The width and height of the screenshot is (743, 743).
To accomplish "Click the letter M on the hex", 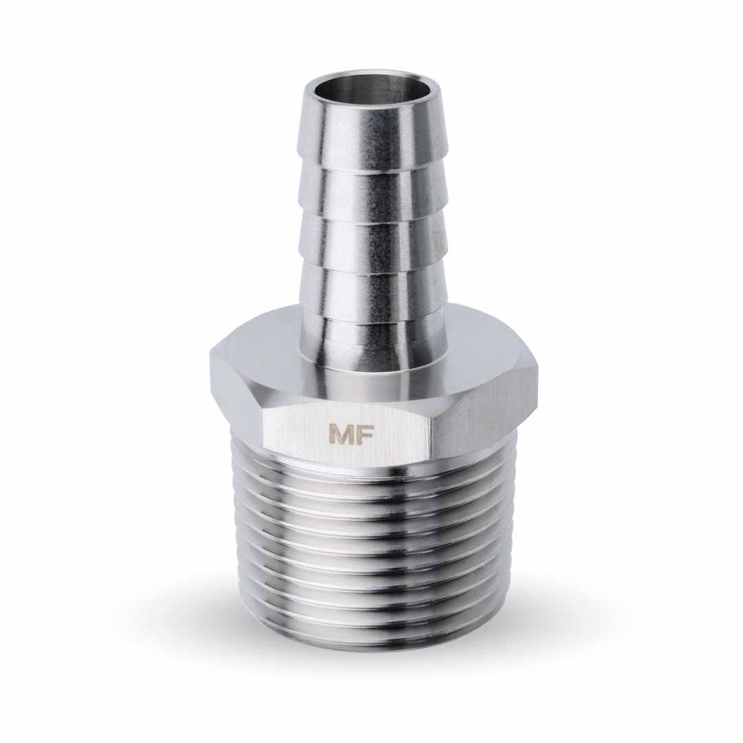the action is pos(341,435).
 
